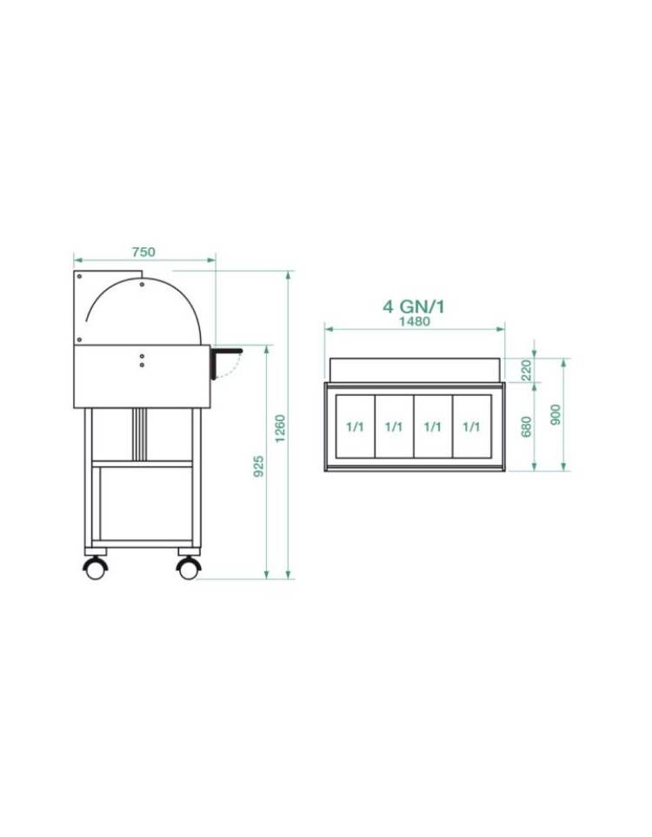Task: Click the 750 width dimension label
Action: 143,251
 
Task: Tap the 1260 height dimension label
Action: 280,428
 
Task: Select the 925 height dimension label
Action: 259,466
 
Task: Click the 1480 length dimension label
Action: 415,321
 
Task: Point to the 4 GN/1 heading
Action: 414,306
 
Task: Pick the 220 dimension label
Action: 526,370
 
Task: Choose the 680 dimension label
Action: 526,426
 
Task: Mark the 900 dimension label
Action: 556,415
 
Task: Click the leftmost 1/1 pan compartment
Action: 355,426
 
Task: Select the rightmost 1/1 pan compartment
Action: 472,426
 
